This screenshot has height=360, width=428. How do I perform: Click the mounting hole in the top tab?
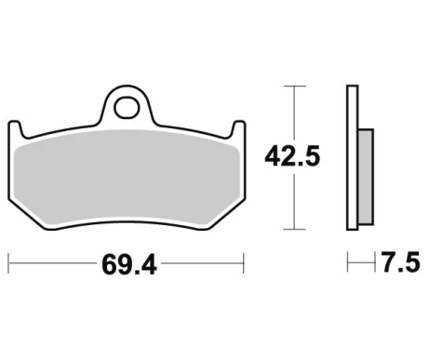(127, 108)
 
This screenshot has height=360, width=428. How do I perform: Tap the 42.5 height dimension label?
(292, 156)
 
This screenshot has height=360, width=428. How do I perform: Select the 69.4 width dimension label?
(129, 265)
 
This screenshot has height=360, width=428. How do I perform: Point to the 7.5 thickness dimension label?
(400, 262)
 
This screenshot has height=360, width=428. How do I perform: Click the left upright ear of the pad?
(16, 128)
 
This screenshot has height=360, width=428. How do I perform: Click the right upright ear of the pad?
(238, 128)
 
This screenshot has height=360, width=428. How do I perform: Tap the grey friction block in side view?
(366, 177)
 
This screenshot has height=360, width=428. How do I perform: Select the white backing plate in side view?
(353, 157)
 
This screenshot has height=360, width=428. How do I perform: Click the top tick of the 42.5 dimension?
(294, 86)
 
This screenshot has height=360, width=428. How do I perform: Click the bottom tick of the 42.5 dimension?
(294, 229)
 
